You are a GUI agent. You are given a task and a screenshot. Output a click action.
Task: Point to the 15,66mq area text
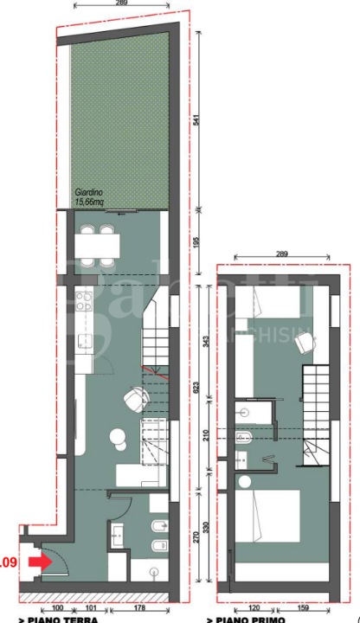(x=88, y=202)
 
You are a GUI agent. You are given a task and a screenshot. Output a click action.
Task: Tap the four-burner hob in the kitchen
(x=85, y=303)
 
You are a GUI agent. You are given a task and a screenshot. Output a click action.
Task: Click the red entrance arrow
(x=38, y=562)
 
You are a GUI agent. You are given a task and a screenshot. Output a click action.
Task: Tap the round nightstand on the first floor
(x=244, y=480)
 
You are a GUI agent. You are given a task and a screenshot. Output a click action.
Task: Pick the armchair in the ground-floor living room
(x=134, y=399)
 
